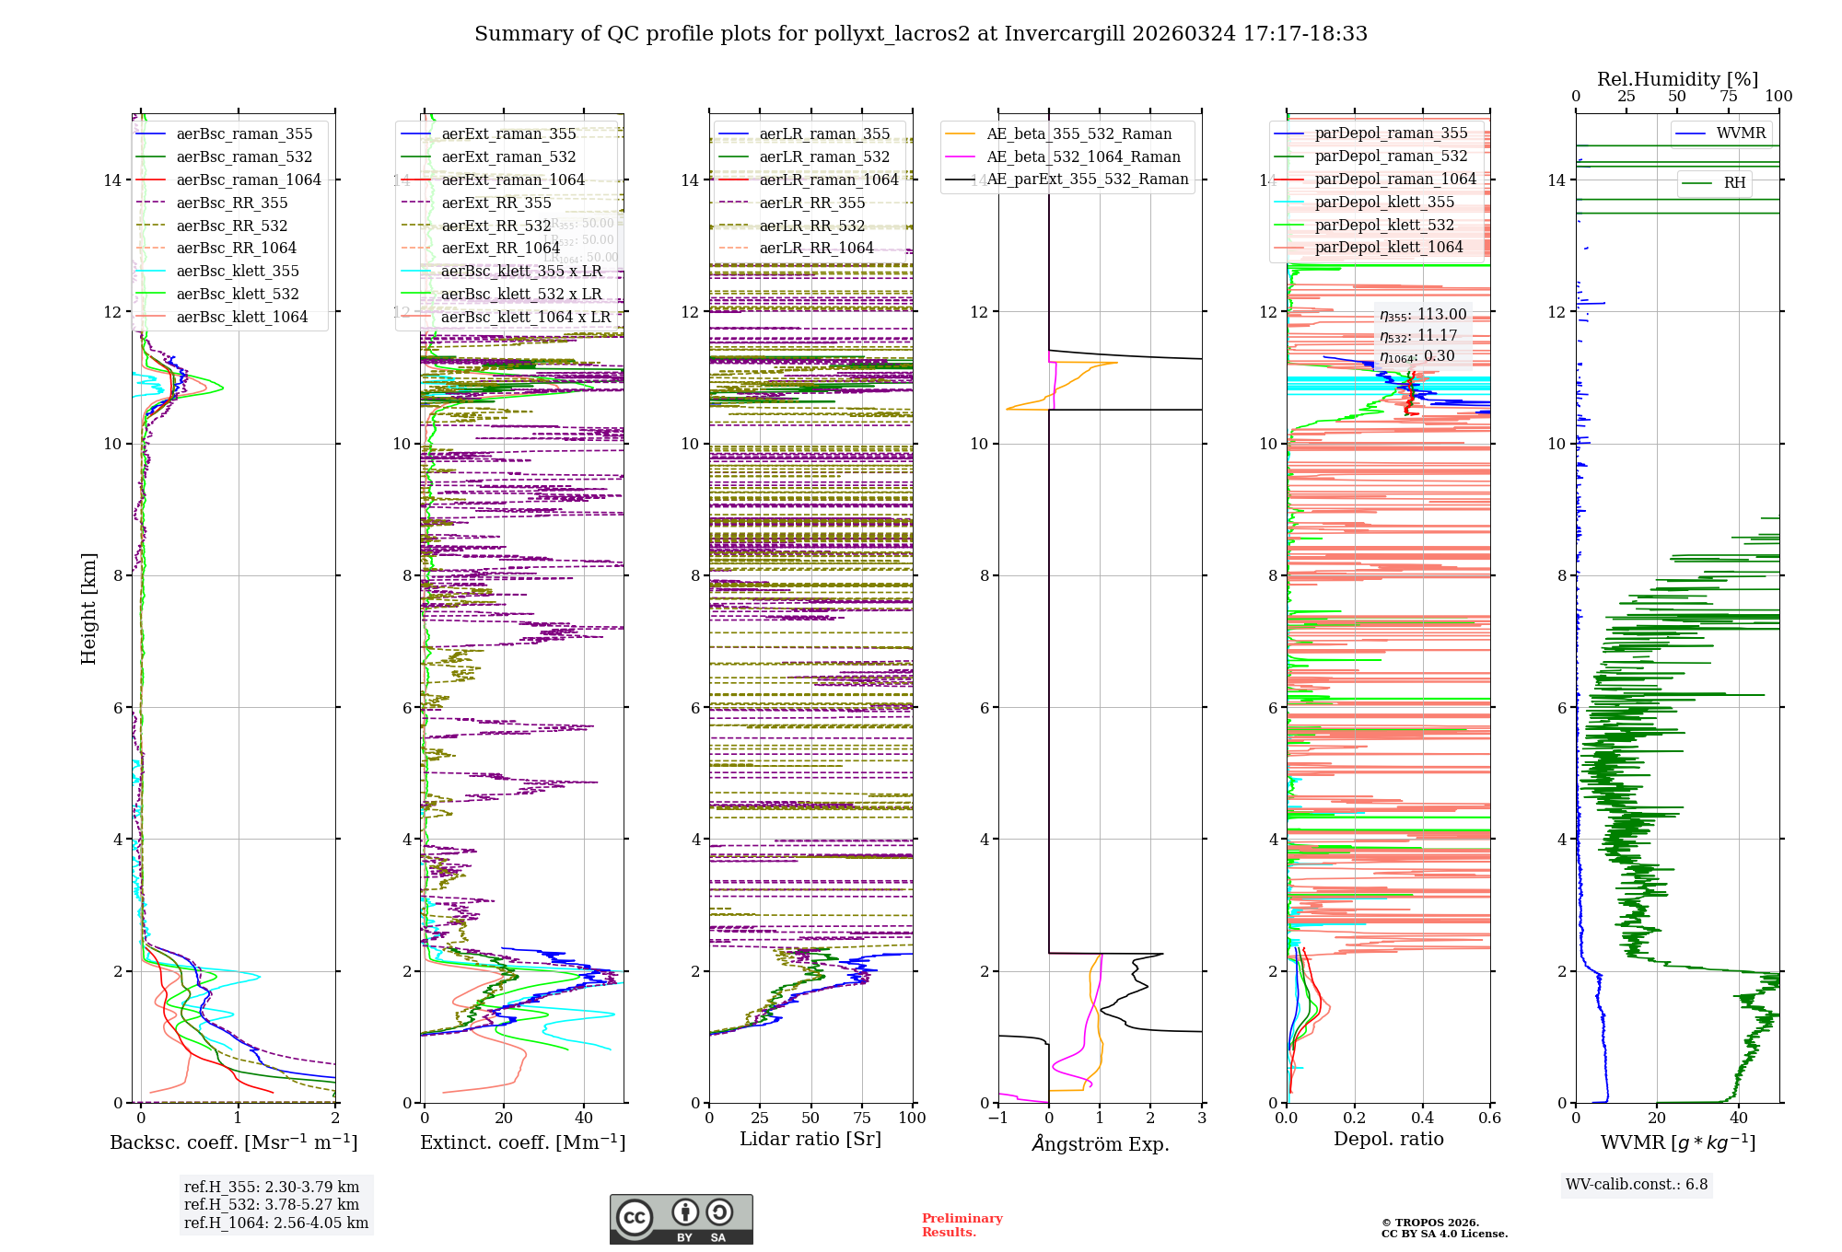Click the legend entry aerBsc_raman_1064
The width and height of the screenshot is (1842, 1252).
tap(249, 180)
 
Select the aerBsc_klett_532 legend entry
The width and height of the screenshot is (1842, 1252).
tap(238, 294)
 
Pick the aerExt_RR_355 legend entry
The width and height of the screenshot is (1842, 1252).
tap(496, 203)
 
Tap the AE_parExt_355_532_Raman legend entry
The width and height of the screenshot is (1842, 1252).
tap(1087, 180)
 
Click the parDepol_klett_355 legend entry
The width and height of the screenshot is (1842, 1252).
tap(1384, 202)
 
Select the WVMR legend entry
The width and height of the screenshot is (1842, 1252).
tap(1741, 133)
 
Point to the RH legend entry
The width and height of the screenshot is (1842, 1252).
tap(1734, 183)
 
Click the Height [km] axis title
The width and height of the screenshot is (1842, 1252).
tap(88, 609)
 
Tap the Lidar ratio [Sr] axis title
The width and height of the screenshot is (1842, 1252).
tap(810, 1139)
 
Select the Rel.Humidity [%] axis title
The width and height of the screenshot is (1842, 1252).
tap(1677, 79)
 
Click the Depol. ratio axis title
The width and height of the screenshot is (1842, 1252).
tap(1388, 1139)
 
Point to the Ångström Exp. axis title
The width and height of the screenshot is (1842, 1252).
tap(1100, 1143)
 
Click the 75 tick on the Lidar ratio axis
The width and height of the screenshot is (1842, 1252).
tap(862, 1119)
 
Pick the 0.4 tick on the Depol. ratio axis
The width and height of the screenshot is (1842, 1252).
tap(1422, 1119)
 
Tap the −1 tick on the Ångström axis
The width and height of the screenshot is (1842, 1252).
tap(997, 1119)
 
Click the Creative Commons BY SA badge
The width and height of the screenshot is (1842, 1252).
tap(681, 1219)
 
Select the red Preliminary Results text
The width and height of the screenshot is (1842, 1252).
tap(962, 1224)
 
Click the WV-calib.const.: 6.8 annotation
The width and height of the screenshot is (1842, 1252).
tap(1636, 1185)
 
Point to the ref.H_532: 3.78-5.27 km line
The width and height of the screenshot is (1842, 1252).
tap(271, 1204)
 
